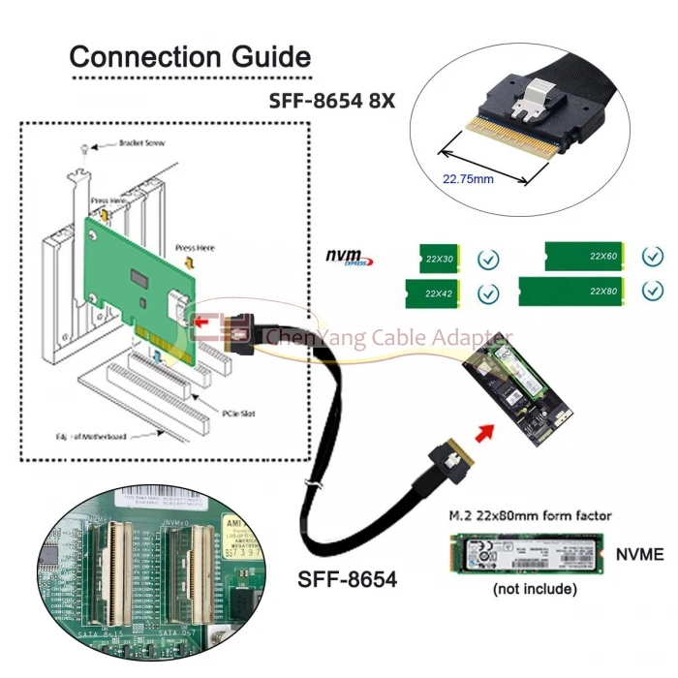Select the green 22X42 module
[x=442, y=292]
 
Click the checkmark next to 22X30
[x=489, y=260]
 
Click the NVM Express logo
[x=348, y=258]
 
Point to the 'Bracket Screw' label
[x=141, y=143]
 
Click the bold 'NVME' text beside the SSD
[x=639, y=554]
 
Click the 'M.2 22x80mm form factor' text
[x=529, y=515]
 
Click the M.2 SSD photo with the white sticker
[x=527, y=553]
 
